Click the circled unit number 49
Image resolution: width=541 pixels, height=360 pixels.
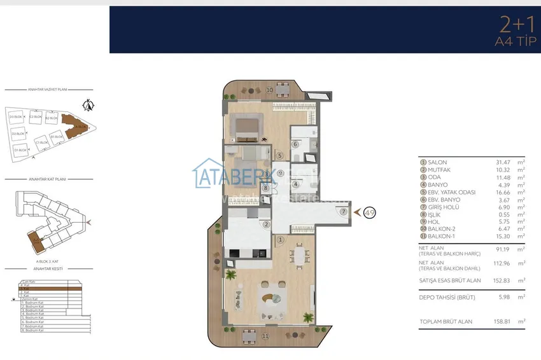coord(369,213)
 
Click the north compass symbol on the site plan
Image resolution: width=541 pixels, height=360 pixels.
coord(89,105)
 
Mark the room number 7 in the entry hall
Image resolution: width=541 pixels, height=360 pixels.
coord(343,212)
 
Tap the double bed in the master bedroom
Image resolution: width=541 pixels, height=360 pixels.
coord(246,128)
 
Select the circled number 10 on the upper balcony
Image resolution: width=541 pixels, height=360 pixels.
coord(269,90)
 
